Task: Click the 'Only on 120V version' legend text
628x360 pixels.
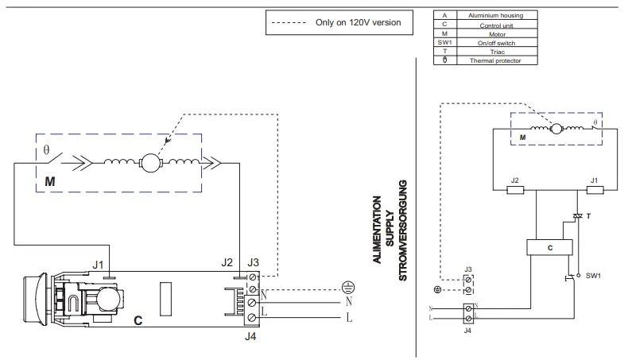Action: pyautogui.click(x=358, y=23)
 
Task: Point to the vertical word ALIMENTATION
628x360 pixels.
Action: pyautogui.click(x=376, y=230)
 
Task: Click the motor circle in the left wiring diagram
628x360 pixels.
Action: pyautogui.click(x=150, y=163)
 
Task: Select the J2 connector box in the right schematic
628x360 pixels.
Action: pyautogui.click(x=515, y=189)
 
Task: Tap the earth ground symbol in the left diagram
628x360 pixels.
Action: pyautogui.click(x=347, y=287)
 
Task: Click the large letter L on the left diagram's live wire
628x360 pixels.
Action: pyautogui.click(x=348, y=319)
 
